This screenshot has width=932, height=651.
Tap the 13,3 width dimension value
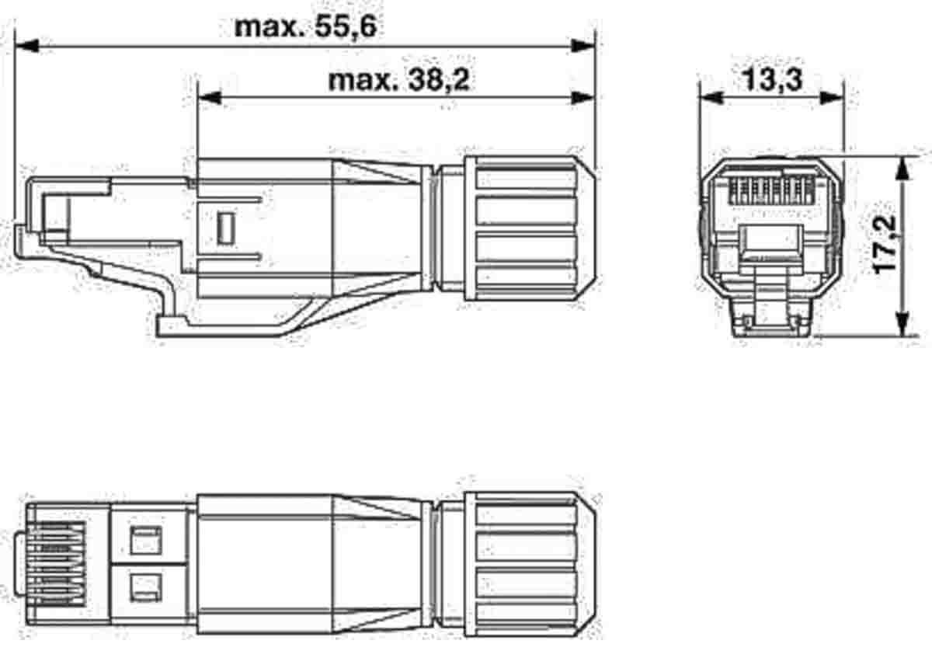[770, 78]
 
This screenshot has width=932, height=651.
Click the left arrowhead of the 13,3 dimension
[711, 97]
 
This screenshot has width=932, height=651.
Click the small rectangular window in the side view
[226, 227]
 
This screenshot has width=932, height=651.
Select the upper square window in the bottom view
[145, 540]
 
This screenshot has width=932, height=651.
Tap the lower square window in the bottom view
[145, 585]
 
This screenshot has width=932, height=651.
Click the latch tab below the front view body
[771, 315]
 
